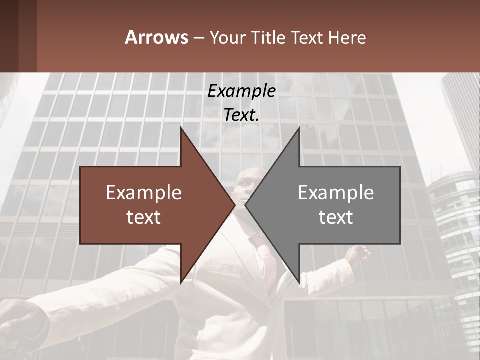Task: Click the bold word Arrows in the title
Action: click(x=156, y=37)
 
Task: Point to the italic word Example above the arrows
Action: click(x=242, y=91)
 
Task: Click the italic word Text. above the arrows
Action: click(x=242, y=115)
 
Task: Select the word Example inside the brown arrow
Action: click(x=144, y=193)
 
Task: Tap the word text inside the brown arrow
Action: click(x=144, y=217)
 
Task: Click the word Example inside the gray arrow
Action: click(x=336, y=193)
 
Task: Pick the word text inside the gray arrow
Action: click(x=336, y=217)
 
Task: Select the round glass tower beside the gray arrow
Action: click(x=452, y=220)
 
